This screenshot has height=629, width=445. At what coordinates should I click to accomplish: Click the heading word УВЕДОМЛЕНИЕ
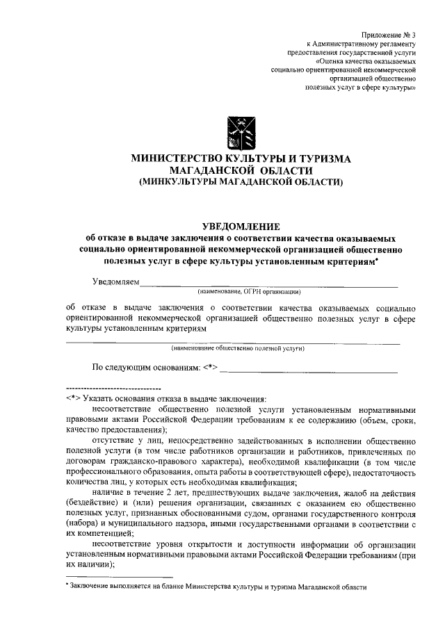pos(241,225)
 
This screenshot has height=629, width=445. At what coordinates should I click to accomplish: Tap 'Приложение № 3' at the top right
pos(389,34)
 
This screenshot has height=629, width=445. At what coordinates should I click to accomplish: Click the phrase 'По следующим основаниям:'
pos(147,366)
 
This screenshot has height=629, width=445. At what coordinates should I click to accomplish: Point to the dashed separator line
pos(113,386)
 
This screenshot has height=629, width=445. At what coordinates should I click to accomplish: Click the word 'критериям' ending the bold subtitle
pos(350,260)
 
